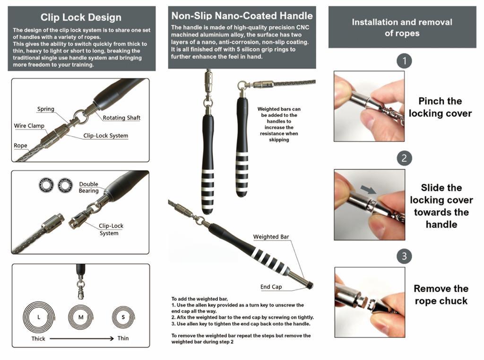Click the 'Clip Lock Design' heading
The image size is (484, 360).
click(81, 17)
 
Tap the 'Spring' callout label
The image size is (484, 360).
click(46, 109)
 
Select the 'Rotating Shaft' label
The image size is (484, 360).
click(121, 118)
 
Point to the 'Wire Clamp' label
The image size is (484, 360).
click(29, 126)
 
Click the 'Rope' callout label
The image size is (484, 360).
click(20, 146)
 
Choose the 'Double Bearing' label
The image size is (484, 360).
click(88, 187)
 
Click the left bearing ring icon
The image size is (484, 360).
click(46, 185)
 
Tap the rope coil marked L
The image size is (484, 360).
click(39, 317)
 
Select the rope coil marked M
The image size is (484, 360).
click(81, 317)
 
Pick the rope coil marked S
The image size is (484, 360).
click(123, 317)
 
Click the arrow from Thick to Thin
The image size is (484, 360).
click(81, 338)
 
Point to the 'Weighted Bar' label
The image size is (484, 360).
click(271, 237)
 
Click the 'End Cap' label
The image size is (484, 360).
click(271, 287)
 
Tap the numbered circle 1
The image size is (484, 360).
click(404, 61)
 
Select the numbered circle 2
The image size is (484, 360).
click(404, 158)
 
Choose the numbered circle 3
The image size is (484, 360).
click(404, 256)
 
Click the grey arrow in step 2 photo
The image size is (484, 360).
click(368, 189)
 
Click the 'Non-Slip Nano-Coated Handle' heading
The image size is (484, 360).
click(242, 16)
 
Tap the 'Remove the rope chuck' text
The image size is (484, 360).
click(441, 295)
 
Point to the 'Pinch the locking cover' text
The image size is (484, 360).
click(440, 107)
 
